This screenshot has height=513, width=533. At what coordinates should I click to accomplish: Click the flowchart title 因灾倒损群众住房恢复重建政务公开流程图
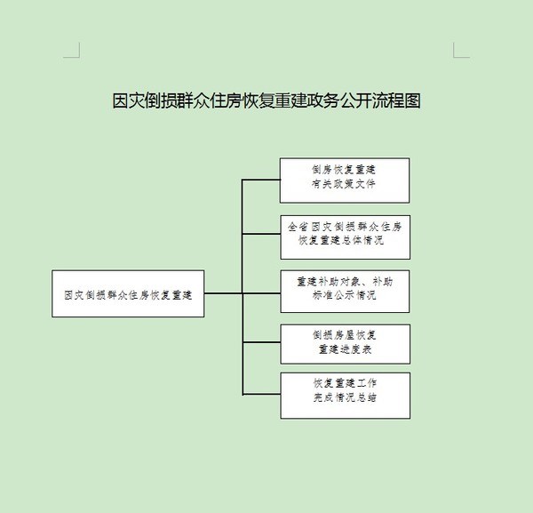(x=266, y=100)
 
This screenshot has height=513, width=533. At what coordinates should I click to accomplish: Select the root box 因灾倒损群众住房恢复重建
(x=128, y=293)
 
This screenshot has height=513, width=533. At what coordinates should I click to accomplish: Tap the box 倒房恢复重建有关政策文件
(x=345, y=180)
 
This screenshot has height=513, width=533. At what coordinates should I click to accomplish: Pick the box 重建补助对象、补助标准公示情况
(x=345, y=290)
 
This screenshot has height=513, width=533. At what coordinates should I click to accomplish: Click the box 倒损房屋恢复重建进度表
(x=345, y=344)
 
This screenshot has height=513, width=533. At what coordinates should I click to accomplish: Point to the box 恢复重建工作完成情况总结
(x=345, y=395)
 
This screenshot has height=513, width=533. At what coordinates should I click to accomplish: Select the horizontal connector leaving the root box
(x=223, y=293)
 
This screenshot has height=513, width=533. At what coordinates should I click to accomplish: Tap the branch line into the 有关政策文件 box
(x=261, y=180)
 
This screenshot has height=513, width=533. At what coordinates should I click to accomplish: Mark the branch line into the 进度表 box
(x=261, y=344)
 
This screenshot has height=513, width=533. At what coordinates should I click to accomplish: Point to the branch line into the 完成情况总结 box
(x=261, y=395)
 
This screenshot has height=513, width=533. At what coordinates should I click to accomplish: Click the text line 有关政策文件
(x=345, y=187)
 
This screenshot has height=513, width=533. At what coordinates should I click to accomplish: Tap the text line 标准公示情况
(x=345, y=297)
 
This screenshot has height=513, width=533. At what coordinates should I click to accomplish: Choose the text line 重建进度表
(x=345, y=351)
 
